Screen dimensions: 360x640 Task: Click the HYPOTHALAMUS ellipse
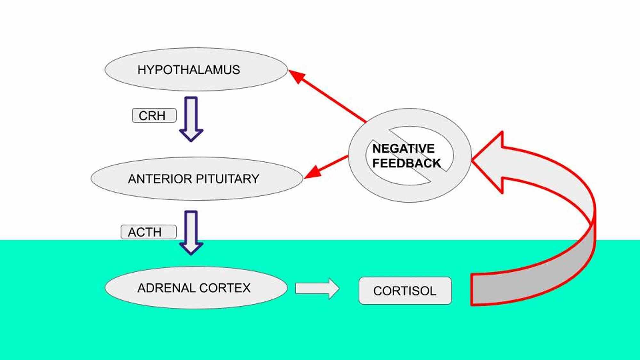pos(196,70)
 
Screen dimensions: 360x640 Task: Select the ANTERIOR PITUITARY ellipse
pos(197,179)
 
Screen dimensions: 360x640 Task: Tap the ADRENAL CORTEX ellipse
pos(196,288)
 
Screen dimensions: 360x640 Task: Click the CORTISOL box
pos(405,291)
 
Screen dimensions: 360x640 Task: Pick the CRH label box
pos(154,116)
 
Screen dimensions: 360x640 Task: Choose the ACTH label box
pos(148,232)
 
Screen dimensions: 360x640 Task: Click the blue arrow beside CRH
pos(191,118)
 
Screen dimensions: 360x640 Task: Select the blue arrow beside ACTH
pos(191,232)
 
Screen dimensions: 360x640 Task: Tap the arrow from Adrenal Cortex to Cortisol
pos(317,288)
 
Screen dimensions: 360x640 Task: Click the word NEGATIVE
pos(403,148)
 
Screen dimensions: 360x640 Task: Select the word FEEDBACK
pos(406,163)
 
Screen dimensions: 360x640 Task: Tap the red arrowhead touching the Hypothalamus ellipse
pos(296,76)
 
